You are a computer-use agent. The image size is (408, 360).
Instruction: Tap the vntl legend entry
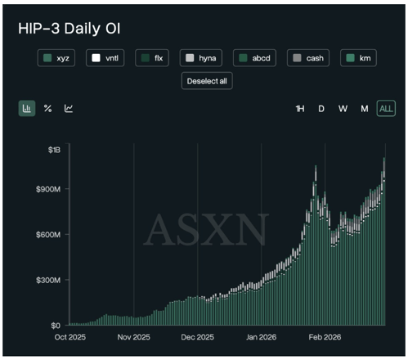coord(108,58)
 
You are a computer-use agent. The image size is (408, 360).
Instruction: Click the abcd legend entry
coord(256,58)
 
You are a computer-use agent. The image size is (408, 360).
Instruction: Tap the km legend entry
coord(356,58)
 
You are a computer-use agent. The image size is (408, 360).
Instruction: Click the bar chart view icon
coord(27,108)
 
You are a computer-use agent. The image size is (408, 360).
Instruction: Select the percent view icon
coord(47,108)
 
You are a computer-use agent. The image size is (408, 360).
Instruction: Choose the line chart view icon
coord(69,108)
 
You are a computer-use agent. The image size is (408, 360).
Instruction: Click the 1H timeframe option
coord(300,109)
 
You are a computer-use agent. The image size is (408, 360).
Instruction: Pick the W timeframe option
coord(343,109)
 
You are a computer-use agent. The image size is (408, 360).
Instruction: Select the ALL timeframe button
coord(385,109)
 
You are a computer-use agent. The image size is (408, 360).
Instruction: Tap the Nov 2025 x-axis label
coord(132,336)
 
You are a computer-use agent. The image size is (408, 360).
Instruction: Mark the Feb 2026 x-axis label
coord(324,336)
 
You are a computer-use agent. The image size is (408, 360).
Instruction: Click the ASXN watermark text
coord(205,231)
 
